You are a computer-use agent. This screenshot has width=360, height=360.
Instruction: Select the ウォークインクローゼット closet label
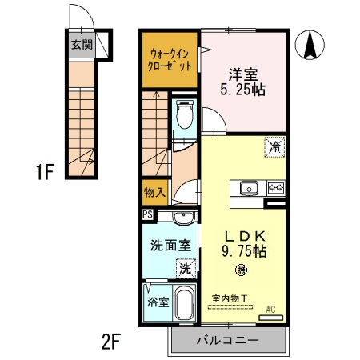click(x=170, y=60)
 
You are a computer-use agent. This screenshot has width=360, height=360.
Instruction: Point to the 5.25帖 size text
click(x=243, y=90)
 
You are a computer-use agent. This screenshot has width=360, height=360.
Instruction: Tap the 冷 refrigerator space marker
click(x=274, y=147)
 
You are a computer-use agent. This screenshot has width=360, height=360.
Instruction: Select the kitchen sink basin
click(x=248, y=189)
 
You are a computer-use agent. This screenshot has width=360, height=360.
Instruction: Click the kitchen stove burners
click(x=275, y=189)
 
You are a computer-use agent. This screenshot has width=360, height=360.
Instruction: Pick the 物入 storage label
click(x=154, y=192)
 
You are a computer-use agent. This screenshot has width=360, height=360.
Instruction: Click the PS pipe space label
click(x=147, y=214)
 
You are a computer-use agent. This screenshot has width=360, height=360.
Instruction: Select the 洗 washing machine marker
click(x=185, y=269)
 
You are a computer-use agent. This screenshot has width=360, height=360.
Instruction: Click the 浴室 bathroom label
click(x=157, y=302)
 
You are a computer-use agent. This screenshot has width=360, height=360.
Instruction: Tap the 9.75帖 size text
click(x=243, y=250)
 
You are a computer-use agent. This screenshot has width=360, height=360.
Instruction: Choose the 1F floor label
click(x=45, y=171)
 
